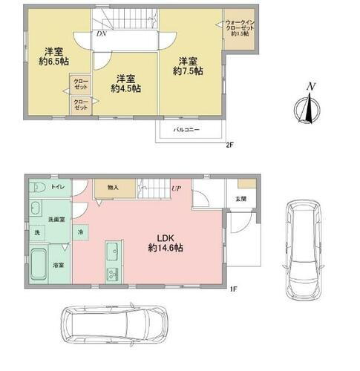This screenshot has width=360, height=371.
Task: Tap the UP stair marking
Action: (177, 189)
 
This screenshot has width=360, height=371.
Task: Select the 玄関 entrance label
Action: (241, 198)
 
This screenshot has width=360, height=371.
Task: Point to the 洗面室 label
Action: (56, 220)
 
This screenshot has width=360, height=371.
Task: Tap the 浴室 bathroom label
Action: (56, 263)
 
